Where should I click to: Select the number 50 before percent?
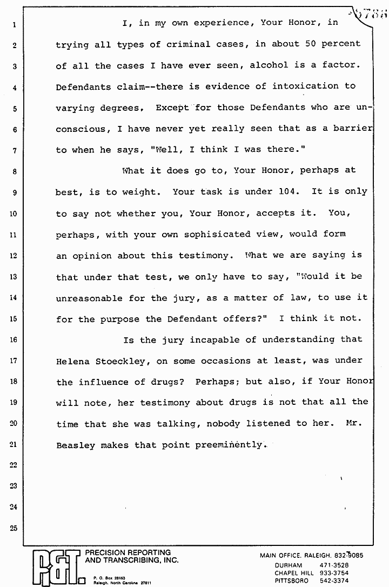click(x=311, y=44)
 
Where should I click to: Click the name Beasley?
click(x=75, y=445)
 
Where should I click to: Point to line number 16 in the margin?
click(x=14, y=340)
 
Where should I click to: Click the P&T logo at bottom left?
click(x=55, y=567)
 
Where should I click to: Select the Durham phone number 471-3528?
click(x=336, y=565)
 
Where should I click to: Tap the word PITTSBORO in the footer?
click(x=291, y=580)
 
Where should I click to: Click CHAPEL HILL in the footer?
click(x=294, y=572)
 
